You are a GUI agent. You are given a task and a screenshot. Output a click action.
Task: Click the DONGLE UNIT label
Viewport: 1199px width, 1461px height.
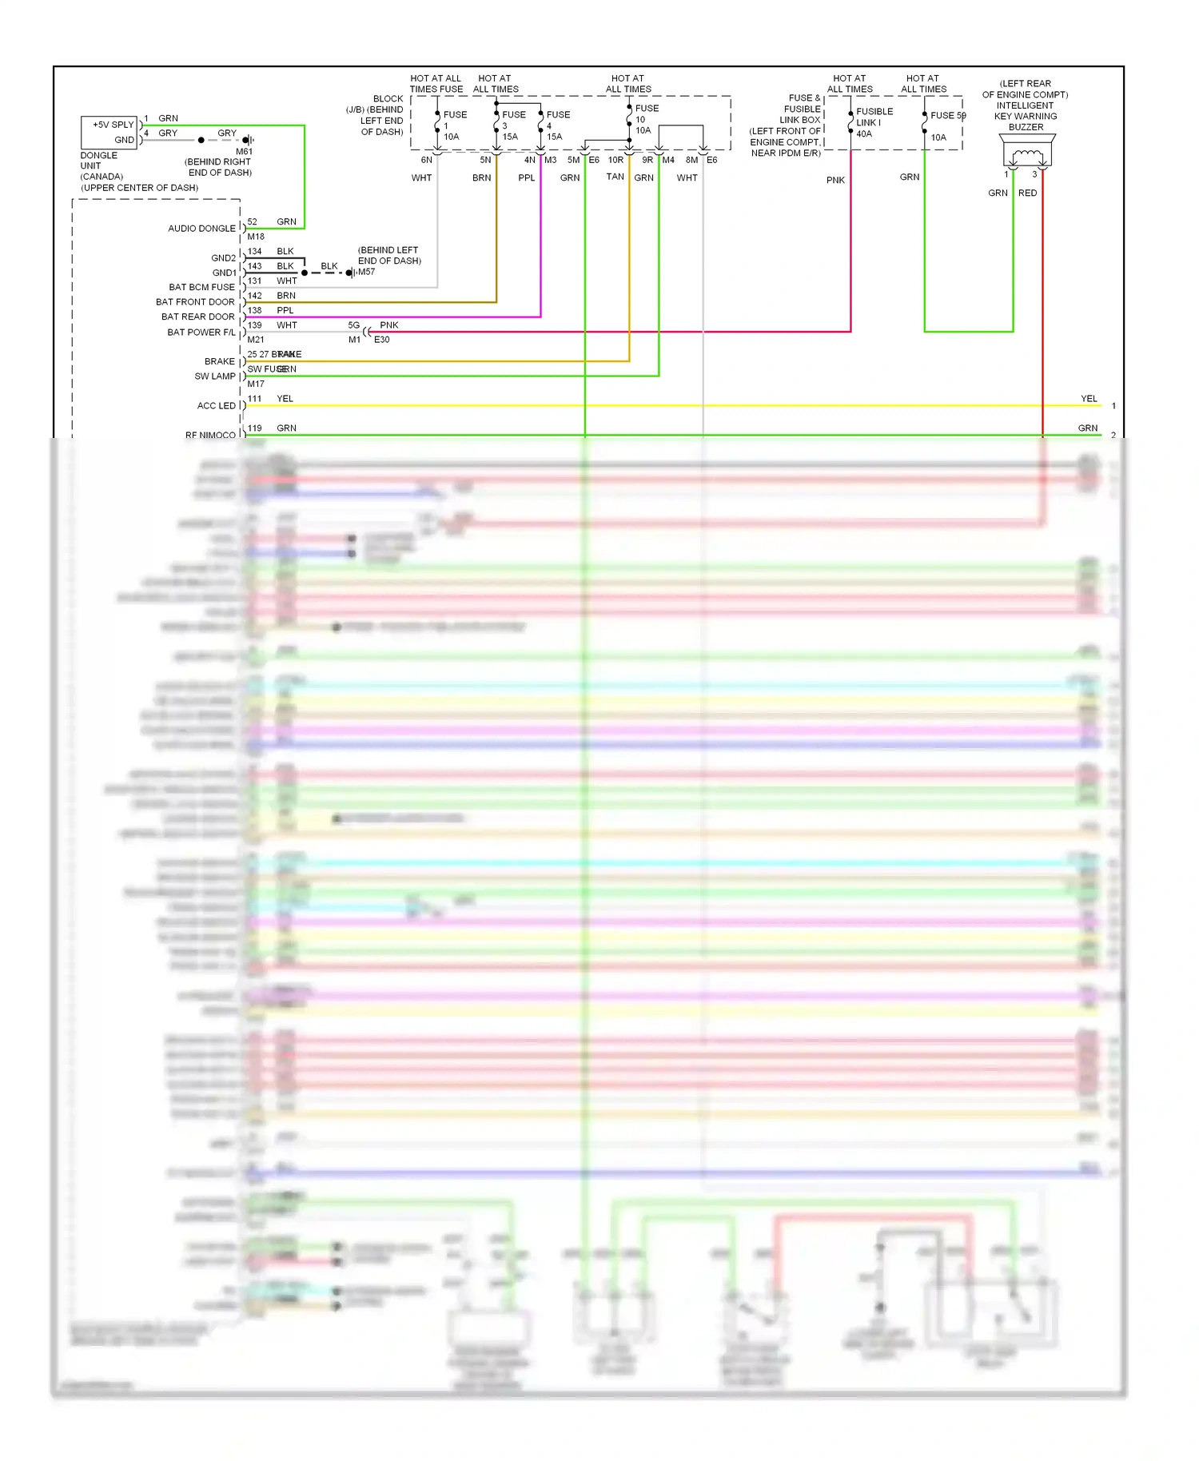coord(99,161)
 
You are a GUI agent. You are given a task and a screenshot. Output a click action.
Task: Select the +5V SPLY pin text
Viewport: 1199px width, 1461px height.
coord(113,125)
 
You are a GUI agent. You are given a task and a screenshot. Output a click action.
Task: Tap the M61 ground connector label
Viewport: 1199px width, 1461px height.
coord(244,151)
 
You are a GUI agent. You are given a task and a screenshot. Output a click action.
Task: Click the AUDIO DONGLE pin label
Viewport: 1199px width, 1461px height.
coord(201,229)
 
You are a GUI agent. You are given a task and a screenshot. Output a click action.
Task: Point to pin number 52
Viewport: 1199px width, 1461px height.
coord(253,221)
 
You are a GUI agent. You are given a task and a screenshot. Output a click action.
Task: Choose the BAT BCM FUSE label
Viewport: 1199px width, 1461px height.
coord(201,287)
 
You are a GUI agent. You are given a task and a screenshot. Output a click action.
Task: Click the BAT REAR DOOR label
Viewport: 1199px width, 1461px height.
coord(197,316)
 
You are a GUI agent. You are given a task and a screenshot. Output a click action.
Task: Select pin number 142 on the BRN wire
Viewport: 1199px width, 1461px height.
coord(254,296)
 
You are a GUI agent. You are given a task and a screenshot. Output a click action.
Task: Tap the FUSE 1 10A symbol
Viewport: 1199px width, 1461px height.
coord(438,125)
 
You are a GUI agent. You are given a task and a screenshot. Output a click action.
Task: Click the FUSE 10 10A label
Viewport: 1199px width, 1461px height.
coord(643,119)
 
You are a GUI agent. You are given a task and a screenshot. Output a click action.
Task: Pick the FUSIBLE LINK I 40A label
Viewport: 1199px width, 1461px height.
coord(871,122)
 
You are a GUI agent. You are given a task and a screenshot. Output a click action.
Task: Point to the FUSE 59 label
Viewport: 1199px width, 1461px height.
coord(948,115)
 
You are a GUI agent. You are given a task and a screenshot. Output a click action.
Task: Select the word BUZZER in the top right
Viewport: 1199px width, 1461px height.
coord(1026,127)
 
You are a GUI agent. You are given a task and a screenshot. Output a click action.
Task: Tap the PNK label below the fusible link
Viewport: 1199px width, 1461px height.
coord(835,180)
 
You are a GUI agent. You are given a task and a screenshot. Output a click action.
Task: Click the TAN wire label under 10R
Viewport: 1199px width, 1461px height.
coord(615,177)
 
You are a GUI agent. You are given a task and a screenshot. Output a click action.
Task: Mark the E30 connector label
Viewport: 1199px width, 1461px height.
coord(382,340)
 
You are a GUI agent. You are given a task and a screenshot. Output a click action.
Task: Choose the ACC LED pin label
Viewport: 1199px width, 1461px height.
coord(216,406)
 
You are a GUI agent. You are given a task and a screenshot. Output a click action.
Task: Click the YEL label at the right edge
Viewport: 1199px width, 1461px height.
coord(1089,398)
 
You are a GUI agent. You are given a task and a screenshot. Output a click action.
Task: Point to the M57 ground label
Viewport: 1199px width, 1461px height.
coord(366,272)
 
